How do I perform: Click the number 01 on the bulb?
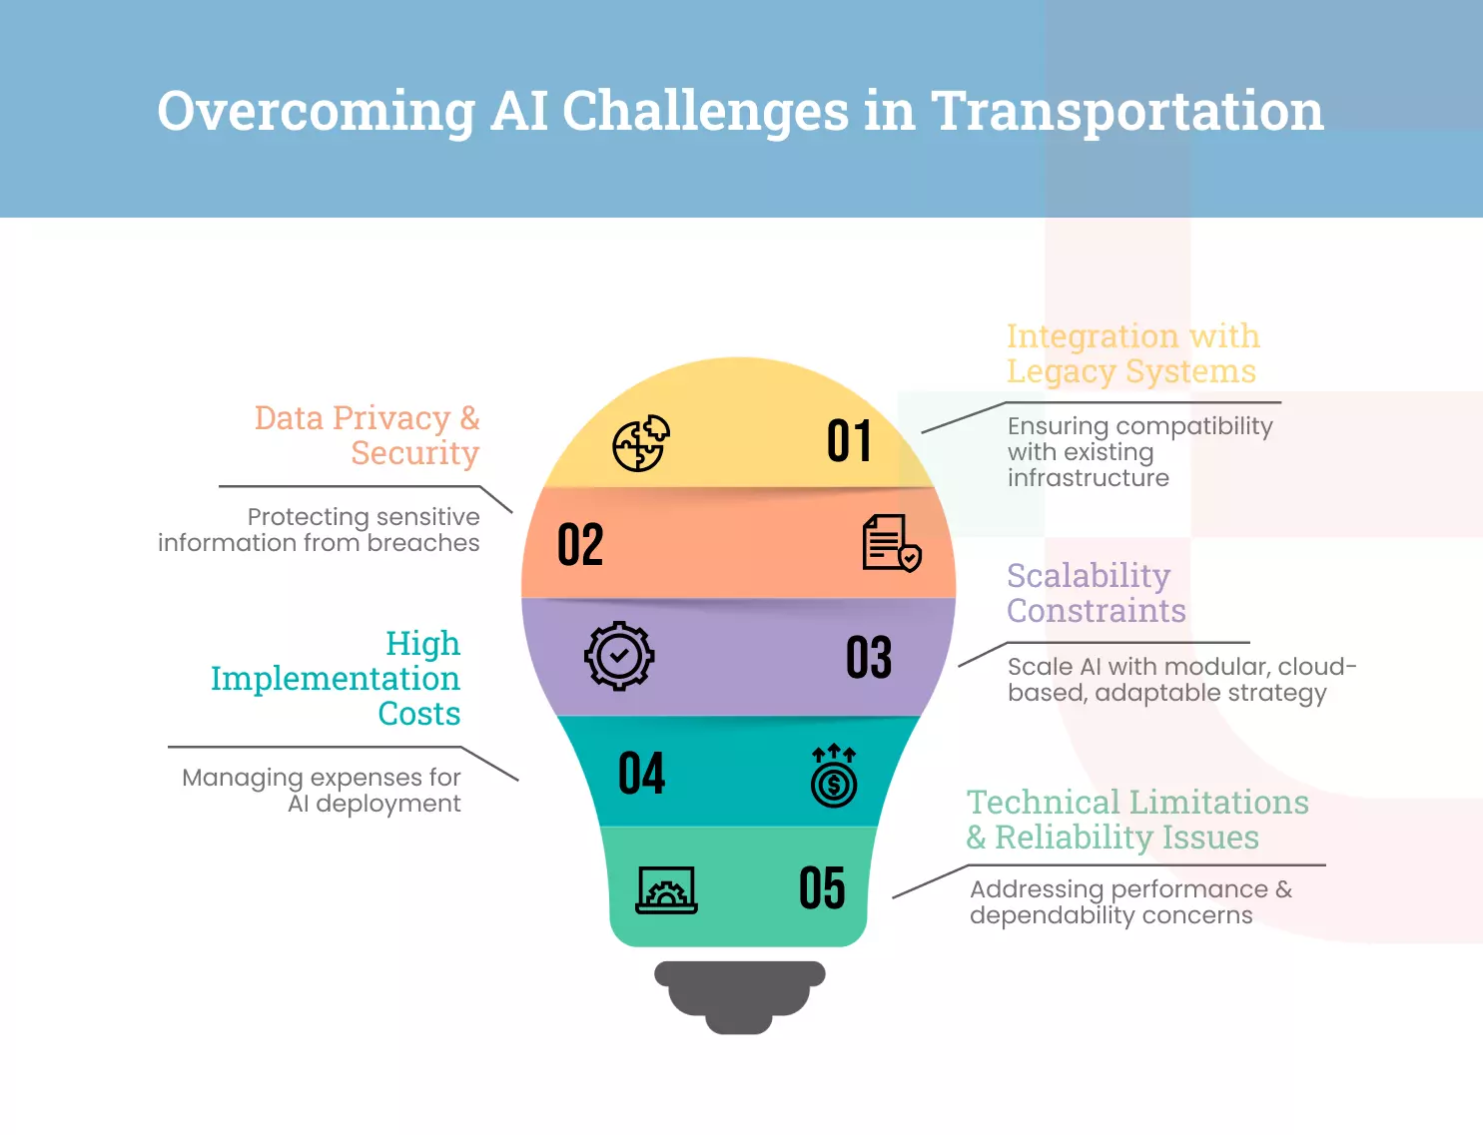(849, 441)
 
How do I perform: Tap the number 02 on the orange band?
(580, 545)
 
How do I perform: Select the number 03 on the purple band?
(868, 658)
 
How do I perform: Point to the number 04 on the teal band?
(641, 774)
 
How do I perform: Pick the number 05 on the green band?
(822, 887)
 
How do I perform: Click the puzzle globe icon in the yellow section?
(640, 443)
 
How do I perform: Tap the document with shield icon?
(891, 543)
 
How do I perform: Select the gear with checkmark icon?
(619, 656)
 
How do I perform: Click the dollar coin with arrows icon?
(834, 776)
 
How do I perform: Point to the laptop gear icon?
(666, 889)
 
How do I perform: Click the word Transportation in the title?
(1126, 111)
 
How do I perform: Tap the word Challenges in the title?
(705, 111)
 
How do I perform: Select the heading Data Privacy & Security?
(368, 435)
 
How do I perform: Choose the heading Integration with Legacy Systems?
(1132, 353)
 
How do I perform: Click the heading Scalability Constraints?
(1096, 593)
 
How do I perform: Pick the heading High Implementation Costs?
(336, 678)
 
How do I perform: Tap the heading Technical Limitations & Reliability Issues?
(1136, 820)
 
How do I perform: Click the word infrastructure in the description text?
(1088, 478)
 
